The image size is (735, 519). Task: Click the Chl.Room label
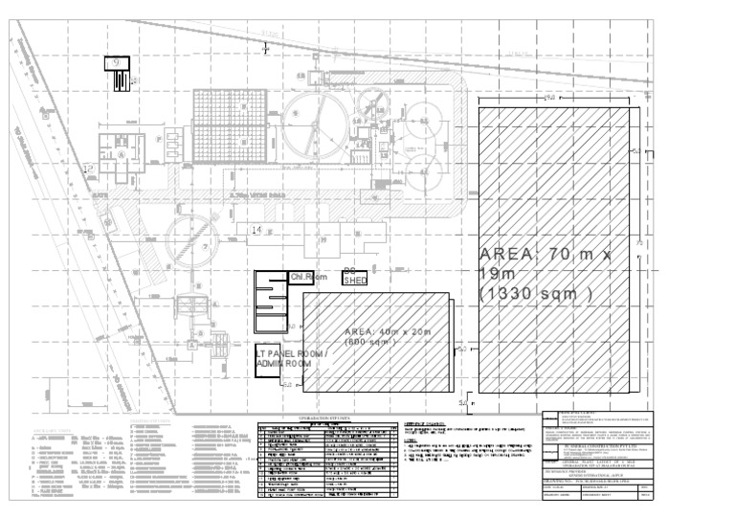coord(308,278)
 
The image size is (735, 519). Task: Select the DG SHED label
coord(355,276)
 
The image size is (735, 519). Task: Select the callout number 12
coord(87,169)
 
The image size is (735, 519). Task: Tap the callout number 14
coord(256,231)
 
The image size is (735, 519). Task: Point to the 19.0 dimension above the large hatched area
coord(549,97)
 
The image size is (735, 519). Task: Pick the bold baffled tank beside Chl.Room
coord(271,302)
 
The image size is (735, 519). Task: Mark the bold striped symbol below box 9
coord(119,83)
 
